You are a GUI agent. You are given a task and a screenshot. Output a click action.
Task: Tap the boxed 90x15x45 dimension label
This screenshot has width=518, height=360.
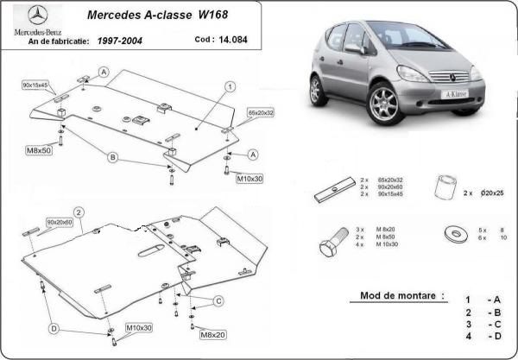(x=35, y=85)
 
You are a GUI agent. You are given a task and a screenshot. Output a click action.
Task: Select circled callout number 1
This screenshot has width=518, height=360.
(x=231, y=86)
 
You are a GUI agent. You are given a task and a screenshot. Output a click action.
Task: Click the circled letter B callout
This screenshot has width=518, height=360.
(x=112, y=156)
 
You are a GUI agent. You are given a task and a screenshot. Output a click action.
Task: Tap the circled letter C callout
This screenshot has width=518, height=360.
(x=218, y=300)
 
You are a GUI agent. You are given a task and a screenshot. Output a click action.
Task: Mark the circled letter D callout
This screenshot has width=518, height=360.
(x=54, y=328)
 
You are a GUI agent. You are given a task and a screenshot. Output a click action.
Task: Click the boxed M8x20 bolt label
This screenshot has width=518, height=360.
(x=212, y=334)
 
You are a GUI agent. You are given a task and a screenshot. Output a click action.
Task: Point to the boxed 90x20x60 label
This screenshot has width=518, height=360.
(x=60, y=223)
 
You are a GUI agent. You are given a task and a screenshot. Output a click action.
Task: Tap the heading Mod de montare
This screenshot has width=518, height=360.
(x=397, y=296)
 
